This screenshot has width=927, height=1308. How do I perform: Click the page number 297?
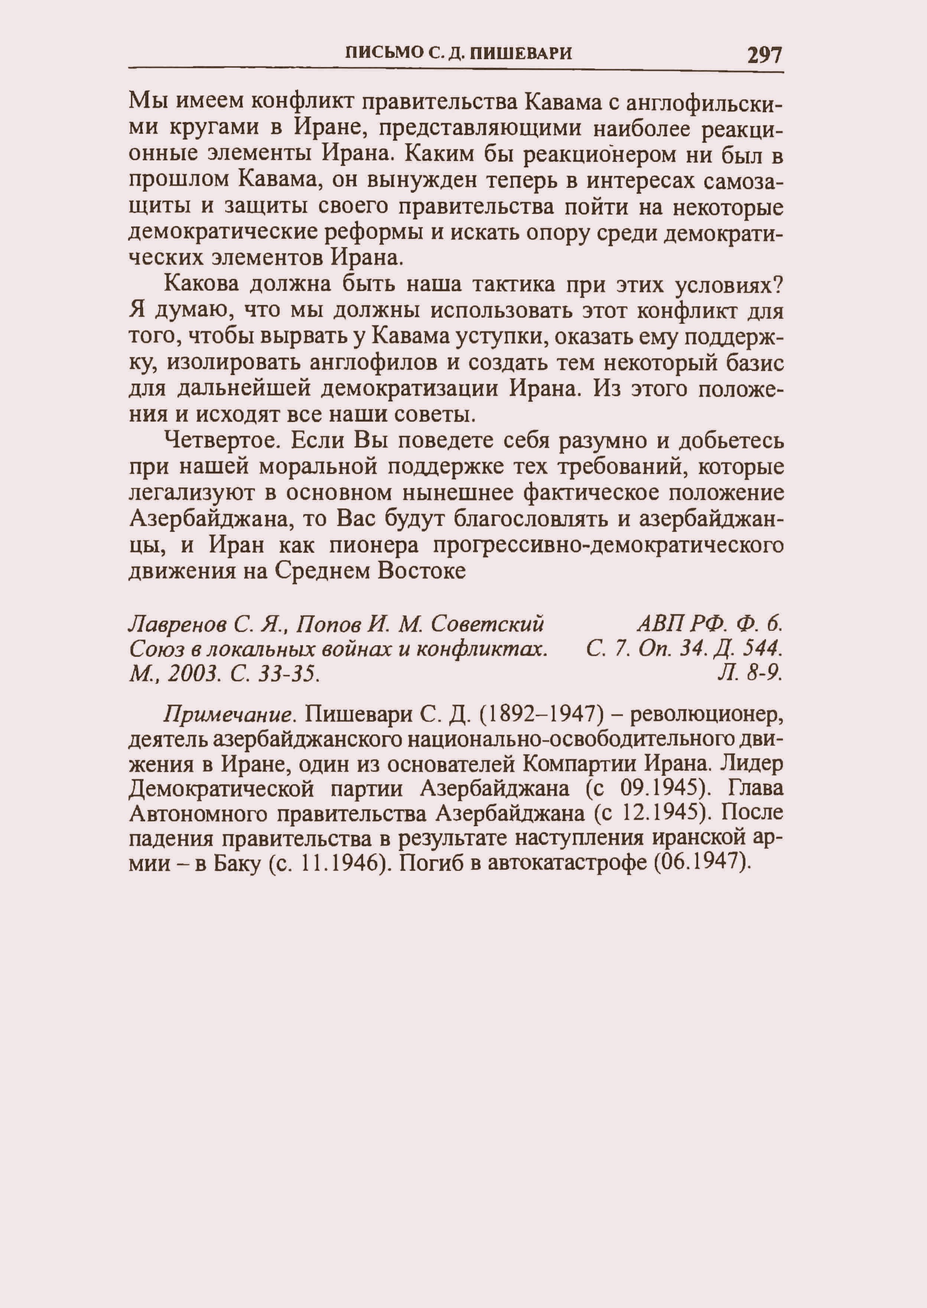[x=764, y=55]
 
